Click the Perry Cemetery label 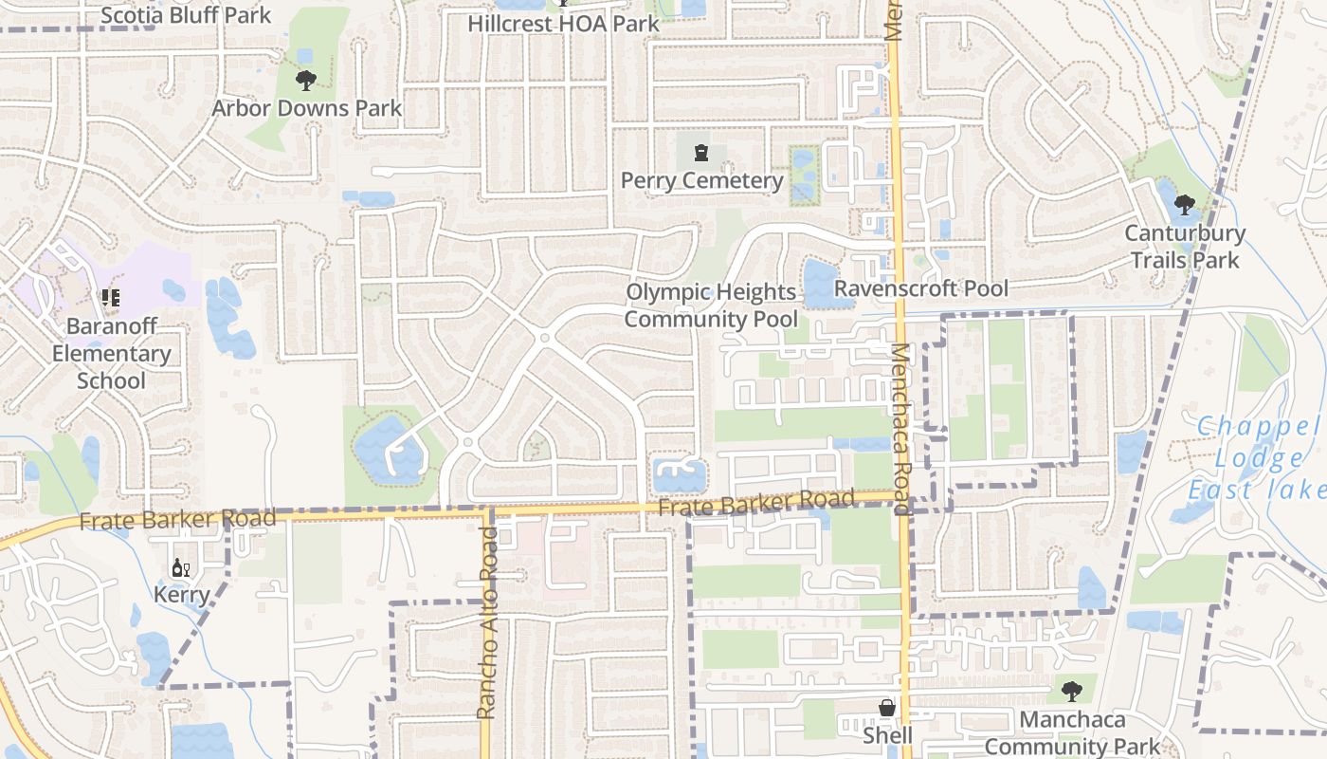point(701,180)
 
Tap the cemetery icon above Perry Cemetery point(701,153)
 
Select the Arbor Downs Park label point(306,108)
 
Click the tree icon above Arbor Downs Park point(305,81)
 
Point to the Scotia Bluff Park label point(185,15)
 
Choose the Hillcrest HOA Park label point(563,23)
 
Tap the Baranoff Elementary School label point(112,353)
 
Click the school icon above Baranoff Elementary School point(112,298)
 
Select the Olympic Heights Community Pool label point(711,305)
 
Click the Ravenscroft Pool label point(921,287)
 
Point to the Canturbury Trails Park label point(1185,246)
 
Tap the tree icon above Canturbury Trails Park point(1185,204)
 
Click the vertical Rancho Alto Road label point(486,622)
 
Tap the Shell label point(887,735)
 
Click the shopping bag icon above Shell point(887,709)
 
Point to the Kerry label point(181,596)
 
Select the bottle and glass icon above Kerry point(180,568)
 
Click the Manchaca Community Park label point(1072,732)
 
